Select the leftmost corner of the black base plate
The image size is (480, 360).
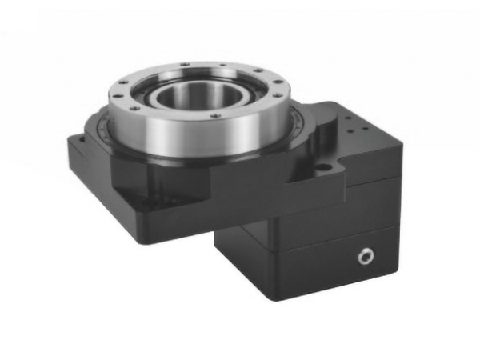pos(66,142)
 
